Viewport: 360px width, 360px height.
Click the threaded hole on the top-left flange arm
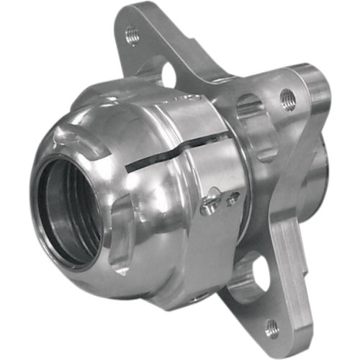[x=132, y=32]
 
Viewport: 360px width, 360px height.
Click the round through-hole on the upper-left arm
[x=171, y=73]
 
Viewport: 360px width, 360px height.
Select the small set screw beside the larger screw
[x=231, y=199]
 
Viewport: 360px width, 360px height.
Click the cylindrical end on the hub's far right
[x=317, y=101]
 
